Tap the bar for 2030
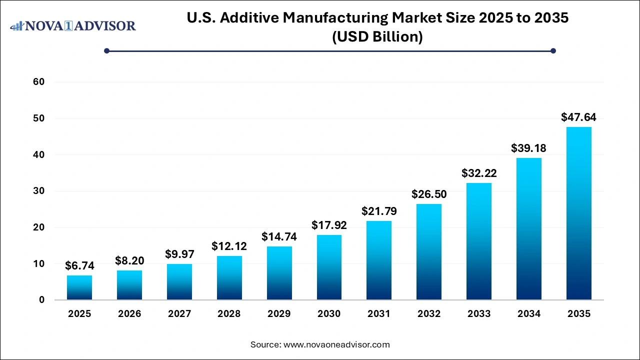[x=329, y=267]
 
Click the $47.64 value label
[x=578, y=117]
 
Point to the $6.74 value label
[x=79, y=266]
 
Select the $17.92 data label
[x=329, y=225]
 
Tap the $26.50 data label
[x=429, y=194]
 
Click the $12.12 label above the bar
[x=229, y=246]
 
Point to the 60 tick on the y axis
[x=38, y=82]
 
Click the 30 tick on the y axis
[x=38, y=191]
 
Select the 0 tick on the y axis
[x=41, y=300]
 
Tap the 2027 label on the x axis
[x=179, y=314]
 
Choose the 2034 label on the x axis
[x=529, y=314]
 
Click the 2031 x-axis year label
[x=379, y=314]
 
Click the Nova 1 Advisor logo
[x=73, y=25]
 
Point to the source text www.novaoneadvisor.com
[x=336, y=344]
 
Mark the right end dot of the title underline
[x=553, y=50]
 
